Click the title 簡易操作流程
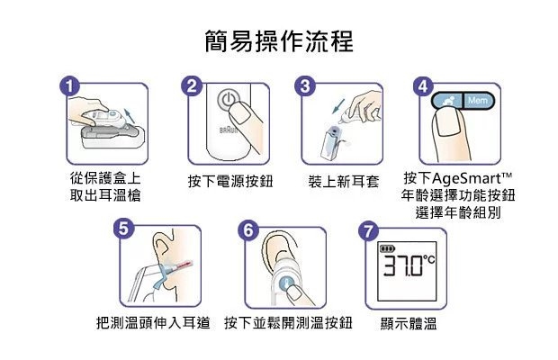[279, 41]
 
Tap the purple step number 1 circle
[70, 86]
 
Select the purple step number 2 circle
[192, 86]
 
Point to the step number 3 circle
[305, 86]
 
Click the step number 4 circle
[424, 86]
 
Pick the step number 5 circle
[123, 228]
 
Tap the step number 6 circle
[248, 229]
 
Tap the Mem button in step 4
[478, 101]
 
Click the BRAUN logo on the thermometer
[228, 130]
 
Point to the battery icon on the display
[387, 248]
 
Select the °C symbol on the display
[429, 259]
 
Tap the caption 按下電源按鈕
[230, 182]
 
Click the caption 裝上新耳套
[344, 182]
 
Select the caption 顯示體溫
[409, 324]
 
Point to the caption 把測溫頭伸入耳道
[153, 323]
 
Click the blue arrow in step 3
[338, 106]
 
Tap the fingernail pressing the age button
[448, 121]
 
